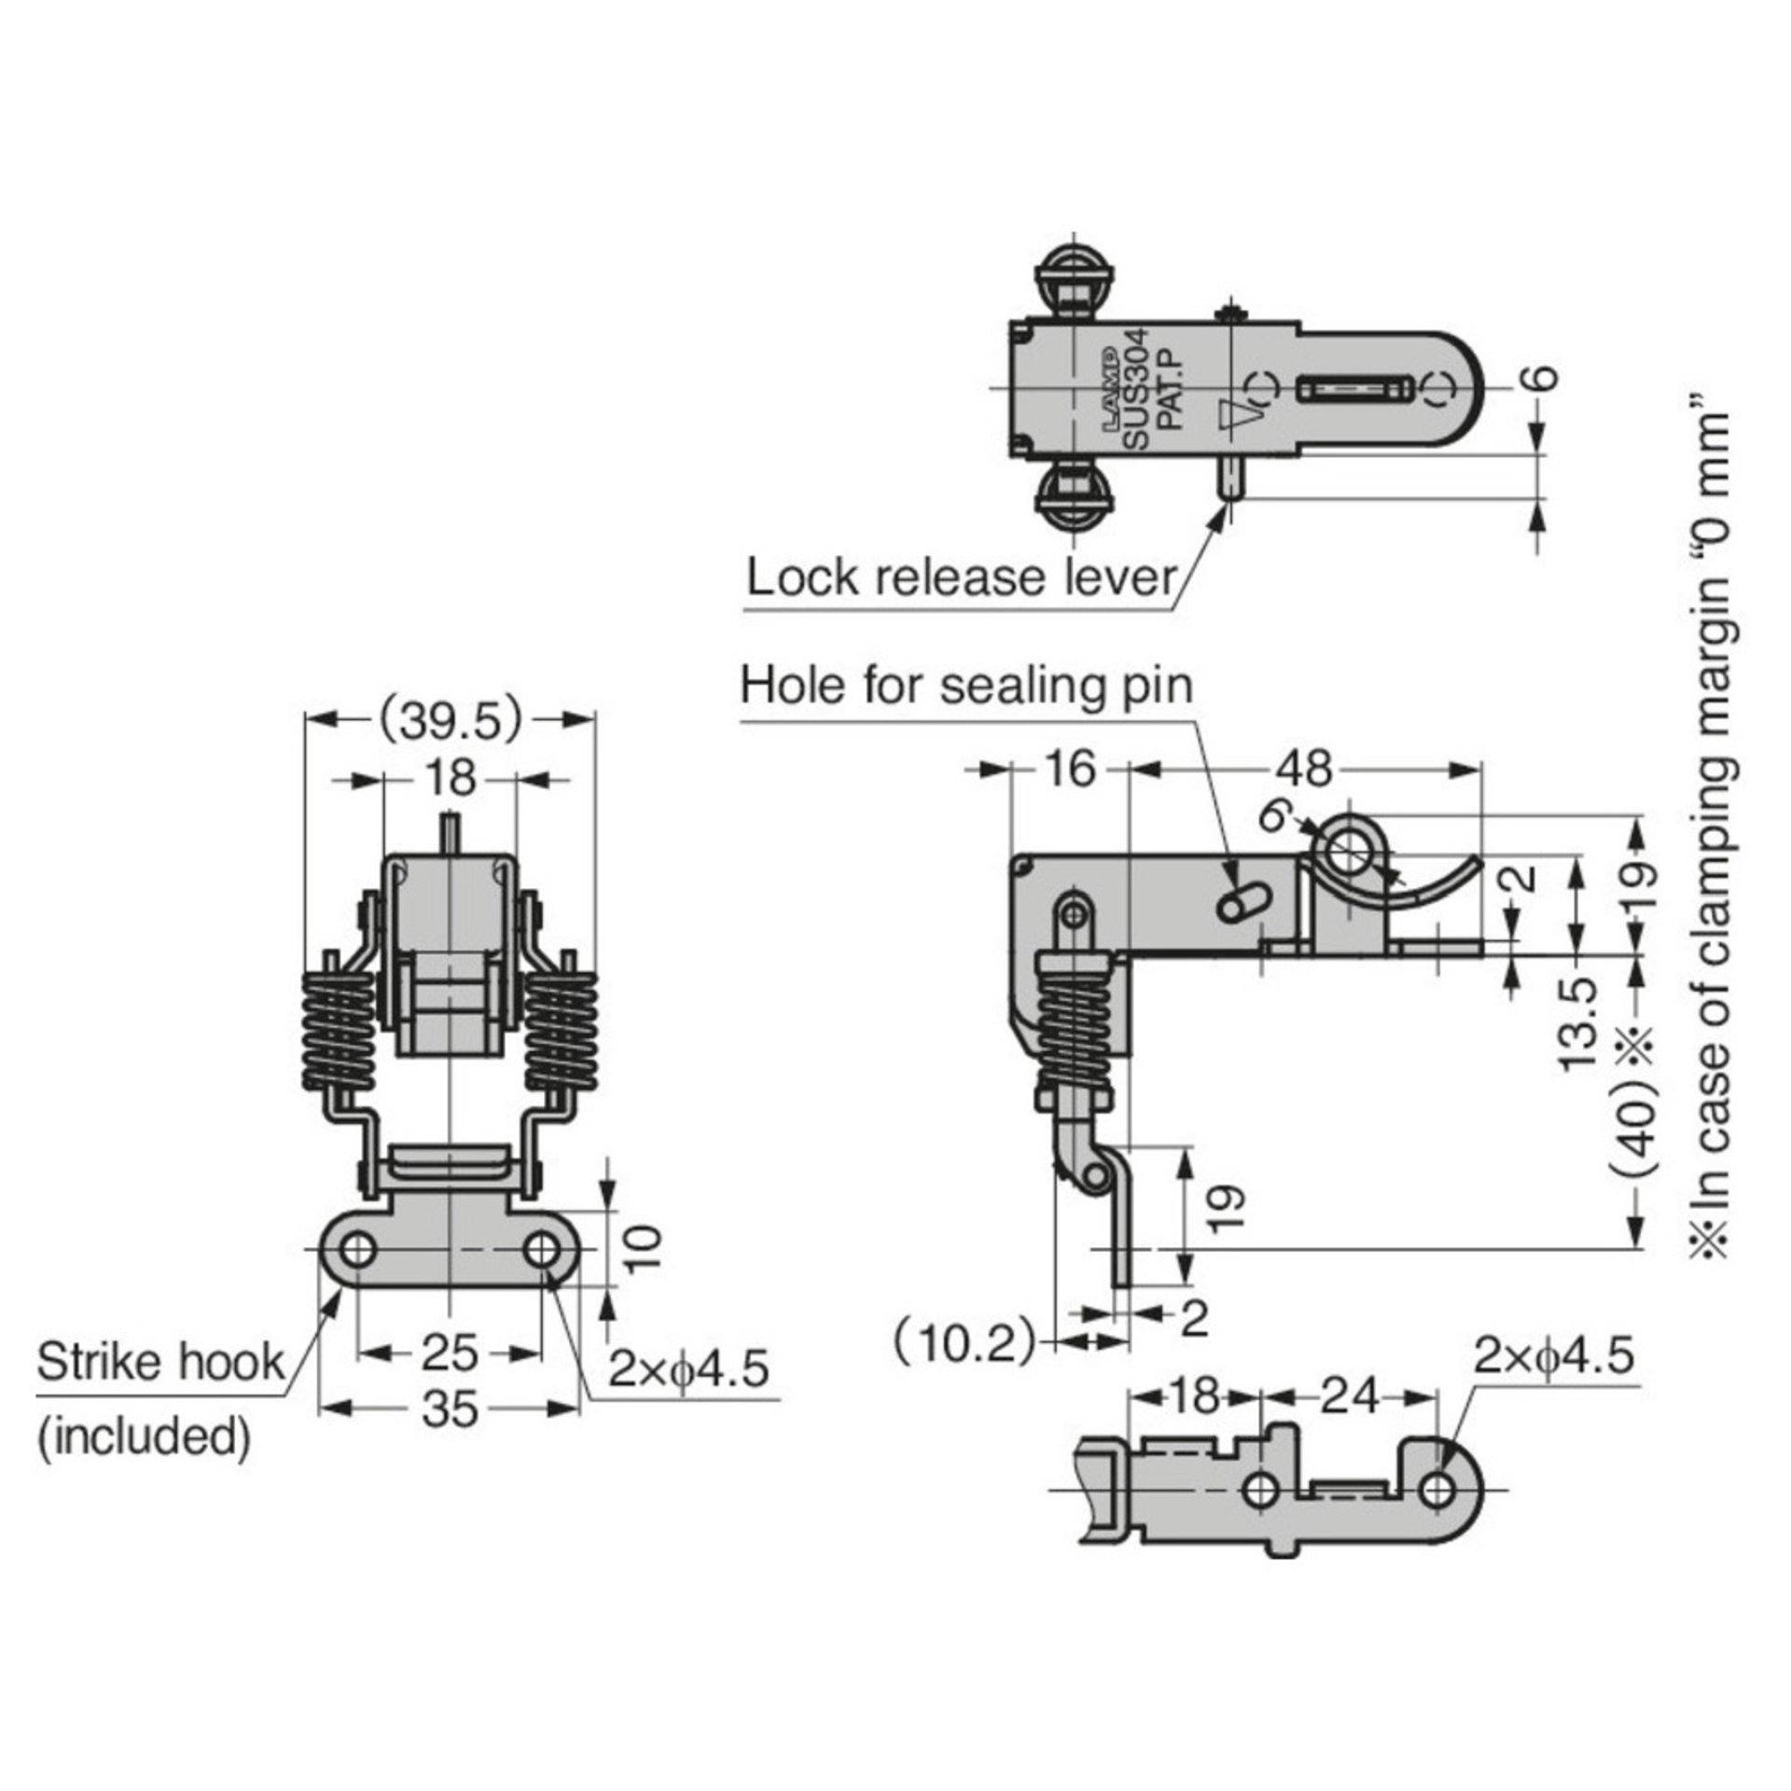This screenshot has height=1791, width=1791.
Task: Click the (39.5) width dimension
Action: [x=451, y=722]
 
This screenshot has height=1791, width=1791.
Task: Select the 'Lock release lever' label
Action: [x=962, y=577]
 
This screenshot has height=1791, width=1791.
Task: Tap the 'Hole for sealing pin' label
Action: [x=966, y=687]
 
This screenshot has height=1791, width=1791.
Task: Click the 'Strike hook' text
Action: [x=160, y=1363]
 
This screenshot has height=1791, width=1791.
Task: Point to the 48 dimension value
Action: [x=1304, y=770]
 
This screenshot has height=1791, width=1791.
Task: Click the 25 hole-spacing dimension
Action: [x=450, y=1354]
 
